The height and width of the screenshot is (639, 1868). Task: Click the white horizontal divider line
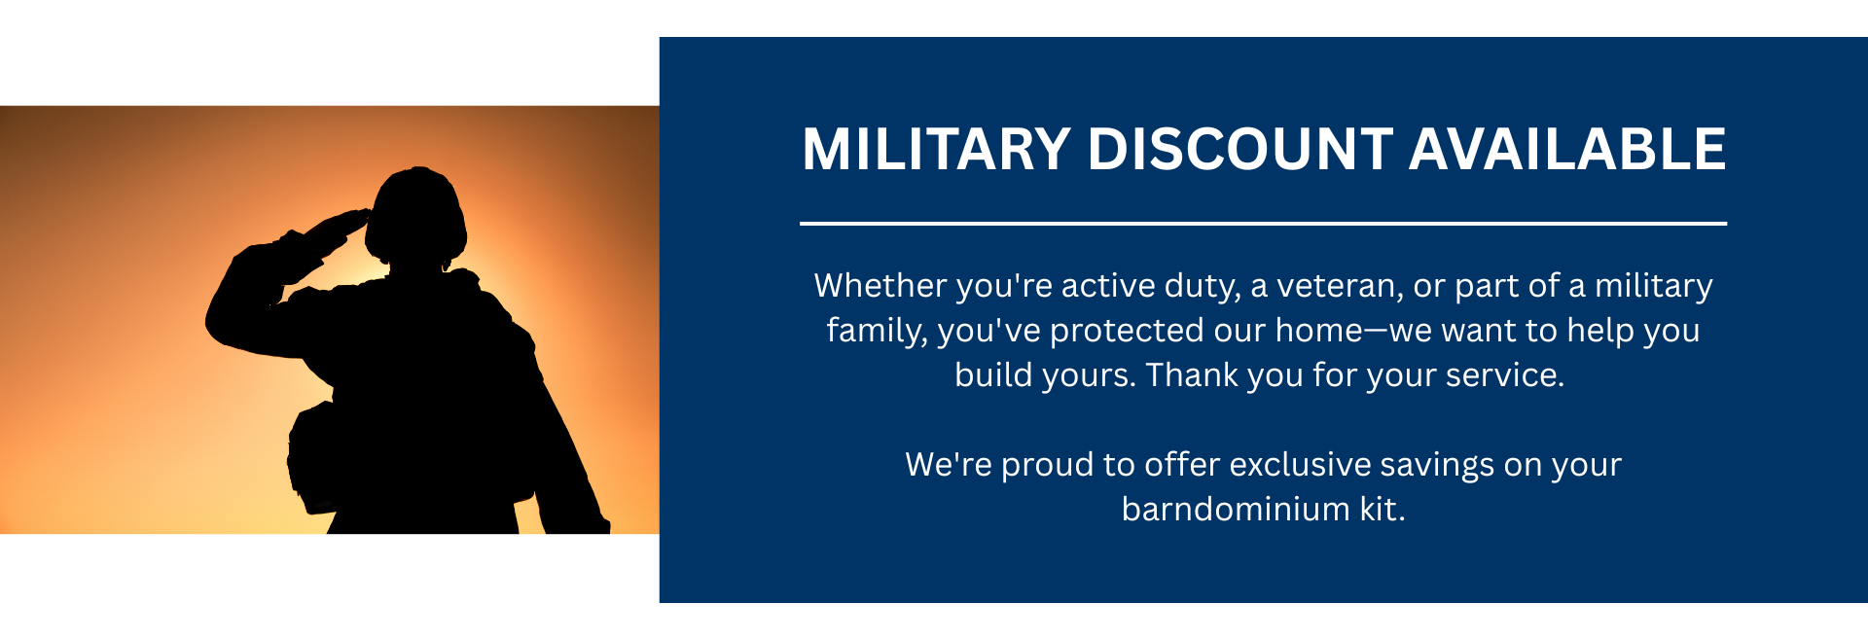(1263, 224)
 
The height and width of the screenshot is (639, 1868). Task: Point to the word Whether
(880, 286)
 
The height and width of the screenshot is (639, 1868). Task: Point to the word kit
(1383, 510)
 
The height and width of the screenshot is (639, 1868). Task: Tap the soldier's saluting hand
(341, 225)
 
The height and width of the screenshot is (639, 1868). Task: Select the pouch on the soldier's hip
(313, 457)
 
